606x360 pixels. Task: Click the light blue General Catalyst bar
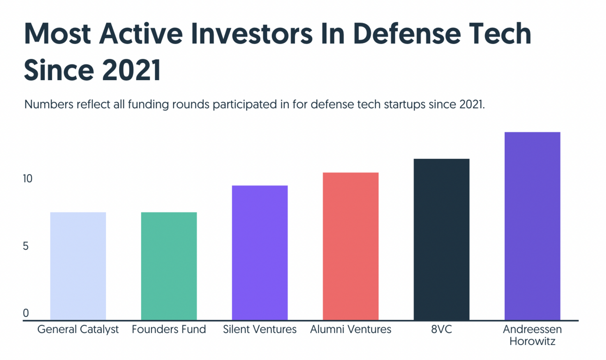(x=78, y=266)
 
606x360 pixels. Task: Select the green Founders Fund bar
(x=169, y=266)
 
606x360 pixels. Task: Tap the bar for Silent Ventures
(x=260, y=253)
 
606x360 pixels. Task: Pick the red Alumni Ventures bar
(x=350, y=246)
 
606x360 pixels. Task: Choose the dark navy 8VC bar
(x=441, y=239)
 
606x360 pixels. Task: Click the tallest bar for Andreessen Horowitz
(x=532, y=226)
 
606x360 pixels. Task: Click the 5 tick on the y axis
(x=26, y=246)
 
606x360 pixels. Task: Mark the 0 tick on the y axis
(x=26, y=313)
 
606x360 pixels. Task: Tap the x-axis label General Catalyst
(x=78, y=330)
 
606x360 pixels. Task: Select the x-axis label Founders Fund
(x=169, y=330)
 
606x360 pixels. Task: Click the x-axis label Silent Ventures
(x=260, y=330)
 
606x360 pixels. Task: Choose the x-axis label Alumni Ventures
(x=350, y=330)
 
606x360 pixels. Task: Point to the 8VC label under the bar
(x=441, y=330)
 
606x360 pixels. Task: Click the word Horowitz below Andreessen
(x=532, y=341)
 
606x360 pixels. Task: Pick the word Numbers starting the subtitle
(x=46, y=105)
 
